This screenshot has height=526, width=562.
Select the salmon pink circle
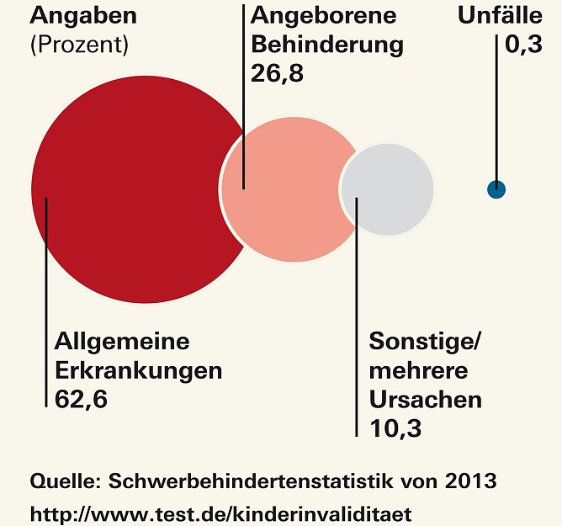[x=290, y=189]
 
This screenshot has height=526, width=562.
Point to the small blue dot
[x=496, y=189]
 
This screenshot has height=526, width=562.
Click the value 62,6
[x=82, y=398]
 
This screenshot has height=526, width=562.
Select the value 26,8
[x=277, y=72]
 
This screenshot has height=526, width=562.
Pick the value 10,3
[x=395, y=427]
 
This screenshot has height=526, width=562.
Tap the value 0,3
[x=522, y=45]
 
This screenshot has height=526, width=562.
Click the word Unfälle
[x=500, y=16]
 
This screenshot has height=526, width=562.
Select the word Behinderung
[x=327, y=44]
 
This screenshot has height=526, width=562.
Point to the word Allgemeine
[x=122, y=342]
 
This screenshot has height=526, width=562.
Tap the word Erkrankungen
[x=138, y=370]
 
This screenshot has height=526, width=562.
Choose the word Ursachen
[x=426, y=399]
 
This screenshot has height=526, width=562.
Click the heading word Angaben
[x=83, y=16]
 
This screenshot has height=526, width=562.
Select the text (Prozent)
[x=79, y=45]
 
